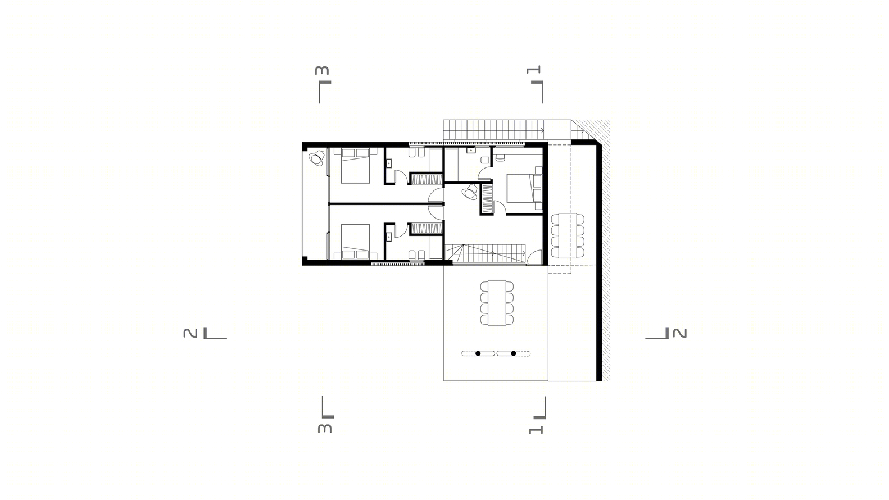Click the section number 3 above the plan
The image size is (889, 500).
click(x=322, y=70)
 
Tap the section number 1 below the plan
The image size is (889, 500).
click(x=536, y=430)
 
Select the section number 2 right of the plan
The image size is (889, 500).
click(x=679, y=333)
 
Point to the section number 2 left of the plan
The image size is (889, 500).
click(x=190, y=333)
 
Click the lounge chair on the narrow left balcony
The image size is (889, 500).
click(x=317, y=158)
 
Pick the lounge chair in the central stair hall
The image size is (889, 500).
click(x=469, y=193)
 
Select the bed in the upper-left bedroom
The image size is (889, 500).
click(x=355, y=166)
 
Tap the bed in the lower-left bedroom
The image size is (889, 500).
click(x=355, y=242)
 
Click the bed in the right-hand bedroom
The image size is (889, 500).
click(x=524, y=188)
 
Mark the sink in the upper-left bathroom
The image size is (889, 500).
click(x=389, y=163)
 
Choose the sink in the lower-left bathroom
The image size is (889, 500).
click(x=389, y=237)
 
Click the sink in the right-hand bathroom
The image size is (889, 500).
click(x=471, y=151)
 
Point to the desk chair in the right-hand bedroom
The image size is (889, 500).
click(x=500, y=157)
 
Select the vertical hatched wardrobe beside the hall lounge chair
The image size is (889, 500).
click(x=487, y=199)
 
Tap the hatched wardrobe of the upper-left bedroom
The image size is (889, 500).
click(x=427, y=179)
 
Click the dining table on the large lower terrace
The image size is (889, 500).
click(x=497, y=303)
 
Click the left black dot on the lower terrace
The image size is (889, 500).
click(x=478, y=353)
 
